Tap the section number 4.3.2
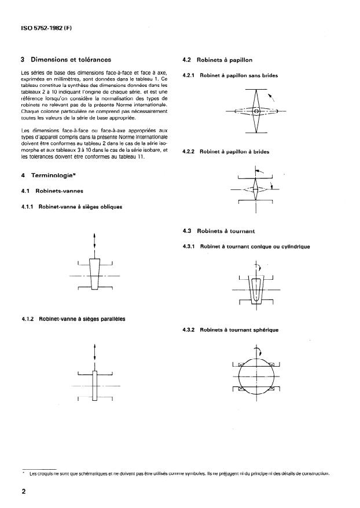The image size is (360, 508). tap(189, 330)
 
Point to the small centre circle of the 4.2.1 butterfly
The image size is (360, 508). tap(256, 111)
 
